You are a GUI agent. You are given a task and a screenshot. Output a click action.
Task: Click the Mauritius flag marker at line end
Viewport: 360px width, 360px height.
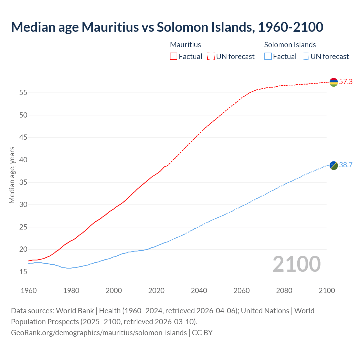(334, 82)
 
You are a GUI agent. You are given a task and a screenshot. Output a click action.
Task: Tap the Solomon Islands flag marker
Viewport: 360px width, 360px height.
(334, 165)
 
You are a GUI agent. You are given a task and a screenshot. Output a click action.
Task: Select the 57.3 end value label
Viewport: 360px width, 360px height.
(346, 82)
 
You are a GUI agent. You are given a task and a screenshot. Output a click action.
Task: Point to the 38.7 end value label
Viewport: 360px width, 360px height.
(346, 165)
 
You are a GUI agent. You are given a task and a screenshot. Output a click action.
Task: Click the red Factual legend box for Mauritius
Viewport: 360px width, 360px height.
(174, 57)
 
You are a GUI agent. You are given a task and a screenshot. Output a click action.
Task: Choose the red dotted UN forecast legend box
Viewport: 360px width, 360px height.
(211, 57)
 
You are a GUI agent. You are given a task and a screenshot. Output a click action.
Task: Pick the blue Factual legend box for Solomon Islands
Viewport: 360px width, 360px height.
(268, 57)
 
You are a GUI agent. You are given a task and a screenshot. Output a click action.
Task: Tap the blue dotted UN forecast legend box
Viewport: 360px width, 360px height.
(305, 57)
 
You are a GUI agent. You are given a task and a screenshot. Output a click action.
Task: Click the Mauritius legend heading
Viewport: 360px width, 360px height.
(186, 45)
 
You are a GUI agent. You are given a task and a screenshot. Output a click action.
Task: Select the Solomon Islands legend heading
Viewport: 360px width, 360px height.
(290, 45)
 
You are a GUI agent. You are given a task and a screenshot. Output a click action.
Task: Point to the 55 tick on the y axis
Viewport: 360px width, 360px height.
(23, 93)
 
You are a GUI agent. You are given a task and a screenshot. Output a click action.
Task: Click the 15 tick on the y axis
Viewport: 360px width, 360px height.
(23, 272)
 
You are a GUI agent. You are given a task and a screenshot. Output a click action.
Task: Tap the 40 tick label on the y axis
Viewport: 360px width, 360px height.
(23, 160)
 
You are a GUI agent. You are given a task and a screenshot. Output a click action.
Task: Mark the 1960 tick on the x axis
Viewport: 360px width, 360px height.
(29, 291)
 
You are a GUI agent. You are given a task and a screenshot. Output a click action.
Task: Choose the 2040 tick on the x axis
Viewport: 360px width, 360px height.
(199, 291)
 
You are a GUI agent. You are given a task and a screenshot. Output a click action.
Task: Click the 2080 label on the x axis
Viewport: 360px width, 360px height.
(284, 291)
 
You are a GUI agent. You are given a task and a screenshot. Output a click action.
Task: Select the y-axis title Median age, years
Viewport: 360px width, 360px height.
(12, 175)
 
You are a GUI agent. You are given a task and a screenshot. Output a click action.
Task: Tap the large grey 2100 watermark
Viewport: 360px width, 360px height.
(296, 264)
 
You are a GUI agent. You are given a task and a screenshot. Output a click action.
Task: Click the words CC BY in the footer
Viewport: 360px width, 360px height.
(202, 333)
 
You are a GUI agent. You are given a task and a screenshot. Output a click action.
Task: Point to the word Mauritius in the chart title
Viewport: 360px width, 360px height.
(110, 27)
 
